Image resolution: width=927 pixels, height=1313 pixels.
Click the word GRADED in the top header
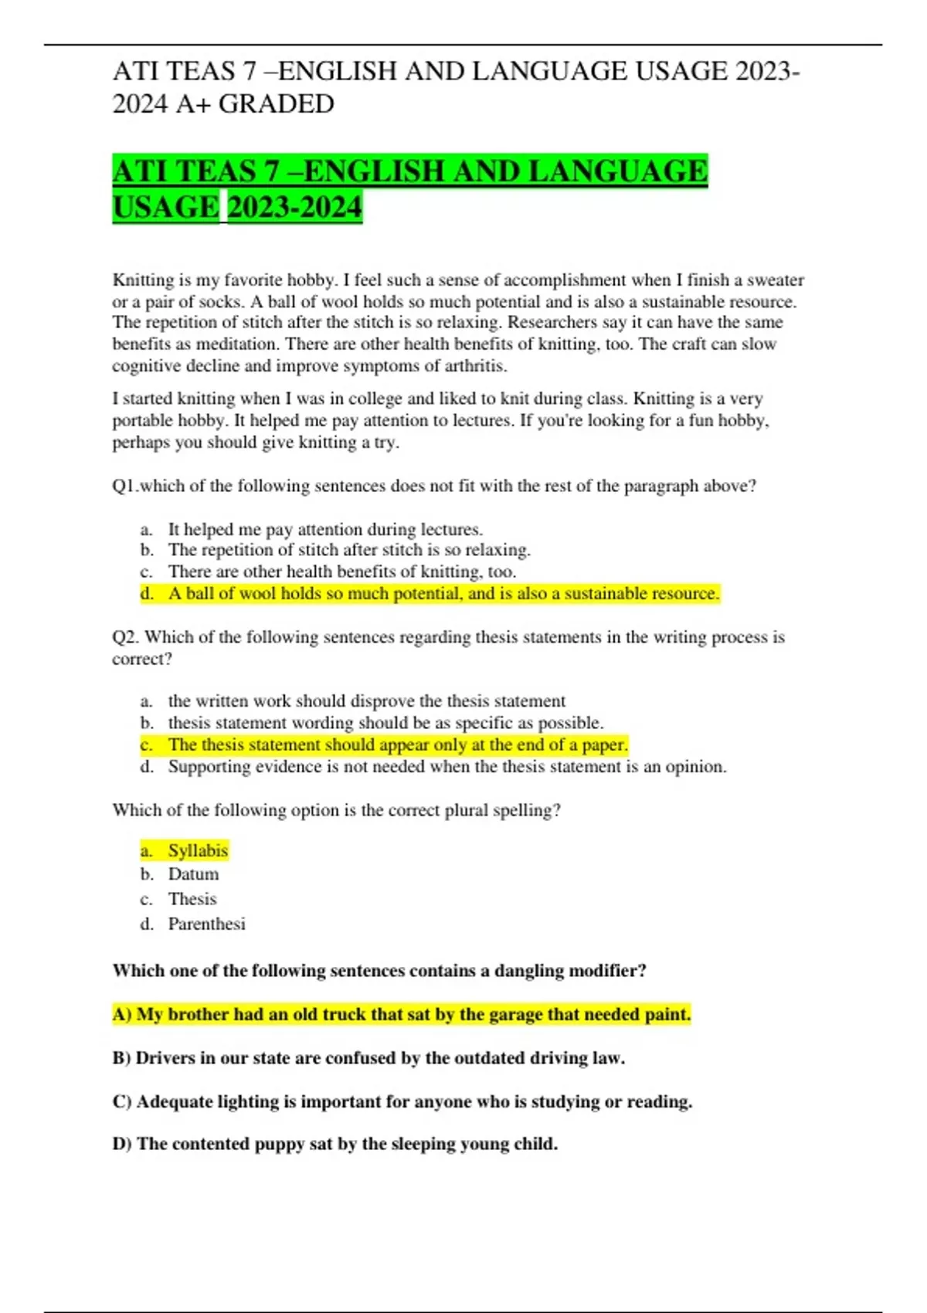pyautogui.click(x=277, y=103)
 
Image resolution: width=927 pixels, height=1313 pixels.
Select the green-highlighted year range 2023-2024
pyautogui.click(x=294, y=207)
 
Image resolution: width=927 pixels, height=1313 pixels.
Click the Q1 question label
pyautogui.click(x=124, y=486)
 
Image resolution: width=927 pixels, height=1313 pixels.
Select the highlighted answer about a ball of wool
pyautogui.click(x=443, y=593)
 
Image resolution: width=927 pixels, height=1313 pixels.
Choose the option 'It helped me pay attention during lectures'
pyautogui.click(x=325, y=529)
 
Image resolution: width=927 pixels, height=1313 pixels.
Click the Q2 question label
pyautogui.click(x=126, y=637)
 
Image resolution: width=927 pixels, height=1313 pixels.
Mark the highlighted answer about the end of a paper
pyautogui.click(x=397, y=745)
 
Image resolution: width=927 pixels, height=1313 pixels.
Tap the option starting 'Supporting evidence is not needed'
pyautogui.click(x=447, y=766)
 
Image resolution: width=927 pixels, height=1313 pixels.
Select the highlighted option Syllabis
pyautogui.click(x=198, y=850)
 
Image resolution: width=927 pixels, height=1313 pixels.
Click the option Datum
pyautogui.click(x=193, y=874)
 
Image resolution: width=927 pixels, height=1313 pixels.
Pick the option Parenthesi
pyautogui.click(x=206, y=924)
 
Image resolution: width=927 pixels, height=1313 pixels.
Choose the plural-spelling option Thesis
pyautogui.click(x=192, y=899)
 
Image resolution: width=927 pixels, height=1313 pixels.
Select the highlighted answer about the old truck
pyautogui.click(x=402, y=1014)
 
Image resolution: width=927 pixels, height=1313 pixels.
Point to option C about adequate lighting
pyautogui.click(x=402, y=1101)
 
